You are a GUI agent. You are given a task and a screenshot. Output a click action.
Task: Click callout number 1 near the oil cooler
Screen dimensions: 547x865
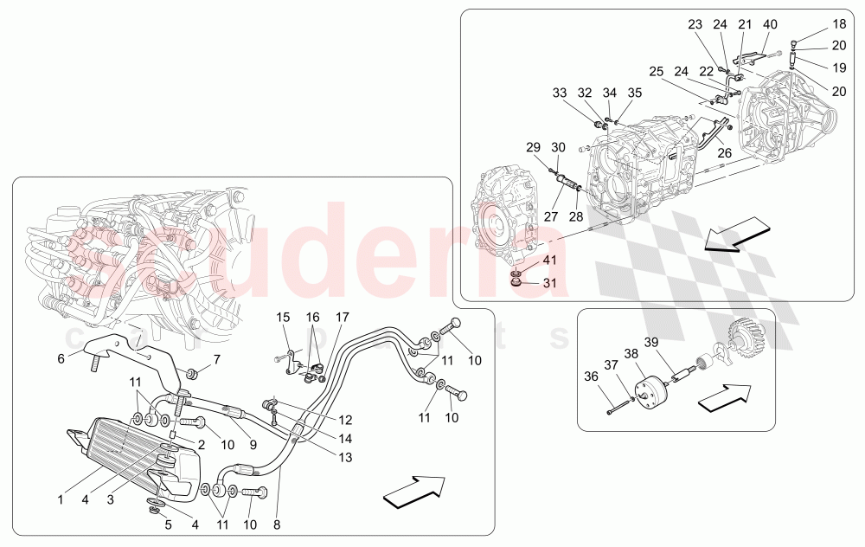pyautogui.click(x=61, y=499)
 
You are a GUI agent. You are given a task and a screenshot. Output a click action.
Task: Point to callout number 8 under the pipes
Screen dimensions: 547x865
pyautogui.click(x=278, y=524)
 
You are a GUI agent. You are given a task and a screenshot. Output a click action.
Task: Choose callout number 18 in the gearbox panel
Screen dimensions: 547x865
pyautogui.click(x=839, y=24)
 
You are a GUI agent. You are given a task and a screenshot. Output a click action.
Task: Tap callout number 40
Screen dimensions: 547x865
pyautogui.click(x=770, y=24)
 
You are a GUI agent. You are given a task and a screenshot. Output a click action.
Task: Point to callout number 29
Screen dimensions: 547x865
pyautogui.click(x=534, y=147)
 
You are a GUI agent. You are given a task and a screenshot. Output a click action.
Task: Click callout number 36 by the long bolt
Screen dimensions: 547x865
pyautogui.click(x=591, y=376)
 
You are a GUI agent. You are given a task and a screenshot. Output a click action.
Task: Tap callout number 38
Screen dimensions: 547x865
pyautogui.click(x=631, y=353)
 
